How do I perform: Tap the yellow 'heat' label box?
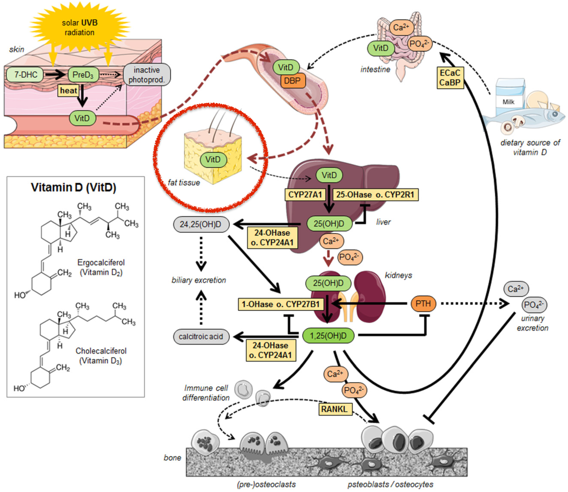point(68,91)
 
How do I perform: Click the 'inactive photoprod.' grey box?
point(147,75)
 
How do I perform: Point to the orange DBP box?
point(292,81)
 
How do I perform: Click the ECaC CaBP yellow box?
point(450,78)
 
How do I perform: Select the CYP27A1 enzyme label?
point(305,195)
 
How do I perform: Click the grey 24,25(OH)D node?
point(201,224)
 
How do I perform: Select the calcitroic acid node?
point(201,337)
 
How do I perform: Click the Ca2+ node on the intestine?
point(401,28)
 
